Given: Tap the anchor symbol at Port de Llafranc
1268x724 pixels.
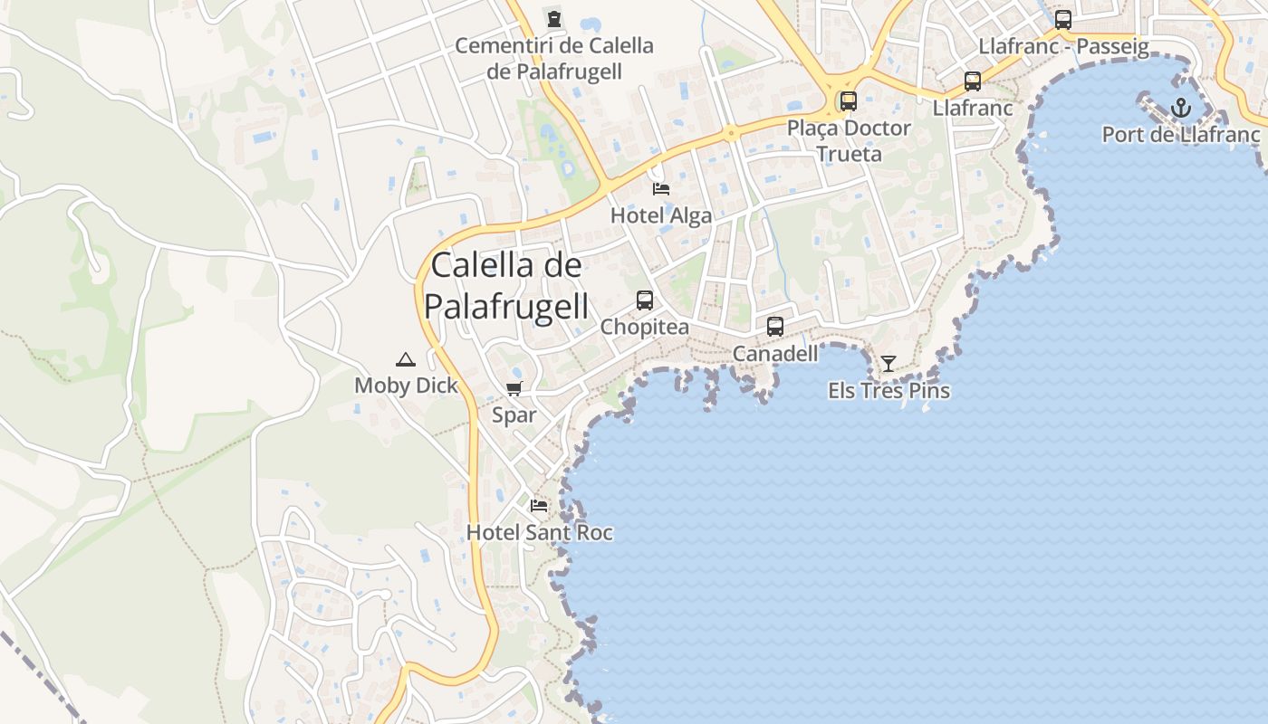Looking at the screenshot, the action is [x=1180, y=108].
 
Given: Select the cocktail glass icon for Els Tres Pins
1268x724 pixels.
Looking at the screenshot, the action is [x=889, y=364].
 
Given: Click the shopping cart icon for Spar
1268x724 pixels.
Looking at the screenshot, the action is [x=514, y=389].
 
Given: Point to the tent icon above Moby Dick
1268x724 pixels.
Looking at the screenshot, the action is [x=406, y=359].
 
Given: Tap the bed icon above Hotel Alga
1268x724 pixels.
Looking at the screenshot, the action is [x=661, y=189].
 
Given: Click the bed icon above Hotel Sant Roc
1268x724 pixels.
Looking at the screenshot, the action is [x=539, y=505].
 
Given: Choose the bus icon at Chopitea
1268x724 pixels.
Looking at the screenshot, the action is [x=645, y=300].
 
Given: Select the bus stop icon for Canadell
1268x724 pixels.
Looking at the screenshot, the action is [x=775, y=327].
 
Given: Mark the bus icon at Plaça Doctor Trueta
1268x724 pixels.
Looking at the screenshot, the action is [x=849, y=101].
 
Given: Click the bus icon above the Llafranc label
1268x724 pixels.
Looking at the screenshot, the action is [x=973, y=81].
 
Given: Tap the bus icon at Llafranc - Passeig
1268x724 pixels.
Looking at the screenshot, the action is [x=1063, y=20].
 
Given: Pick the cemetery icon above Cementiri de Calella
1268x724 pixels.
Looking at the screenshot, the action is [x=554, y=18].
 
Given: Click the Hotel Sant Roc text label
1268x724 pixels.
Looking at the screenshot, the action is [x=540, y=533].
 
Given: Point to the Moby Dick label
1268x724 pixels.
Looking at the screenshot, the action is [x=406, y=386].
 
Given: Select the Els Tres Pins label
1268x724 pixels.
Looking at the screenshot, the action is [x=889, y=391].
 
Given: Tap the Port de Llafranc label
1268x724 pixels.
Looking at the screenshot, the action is [x=1181, y=135].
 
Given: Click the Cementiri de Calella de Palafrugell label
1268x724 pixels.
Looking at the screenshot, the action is [x=554, y=58].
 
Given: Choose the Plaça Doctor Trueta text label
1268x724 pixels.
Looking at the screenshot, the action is [x=849, y=141].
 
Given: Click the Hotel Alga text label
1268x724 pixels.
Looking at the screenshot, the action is [x=661, y=215].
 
